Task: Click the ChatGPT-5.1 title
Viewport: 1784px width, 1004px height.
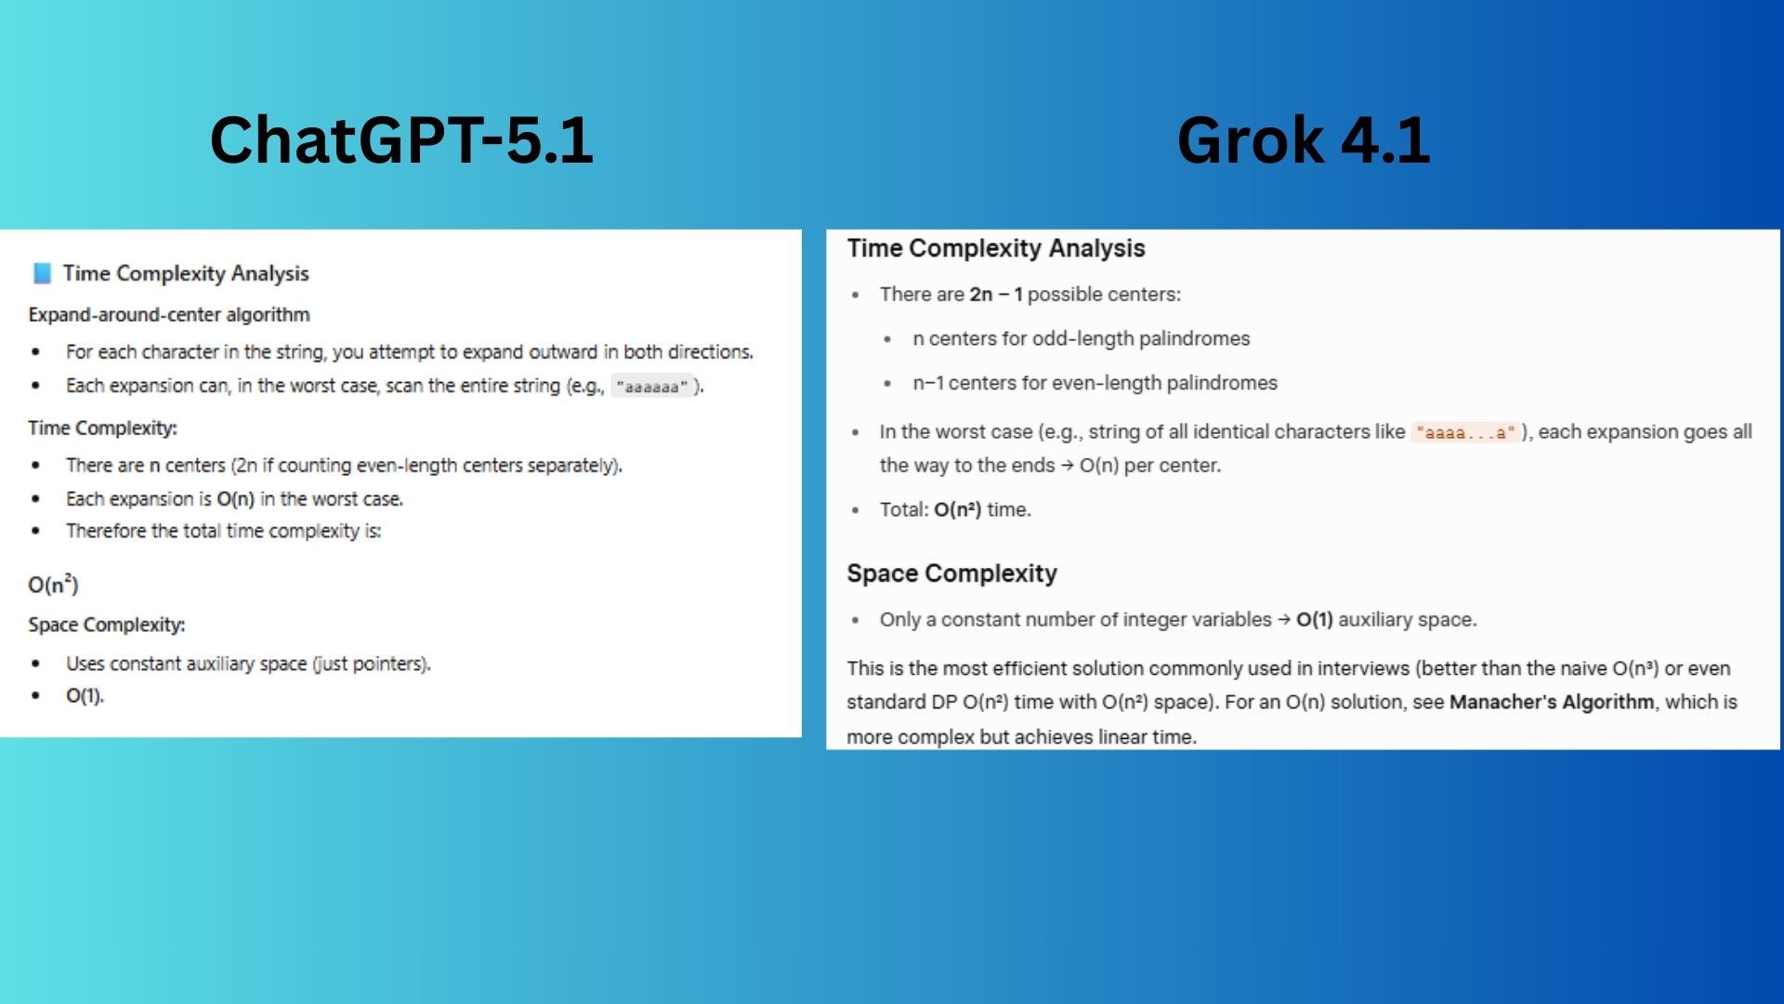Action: [x=401, y=140]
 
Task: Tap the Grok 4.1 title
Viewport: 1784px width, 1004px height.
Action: [x=1303, y=140]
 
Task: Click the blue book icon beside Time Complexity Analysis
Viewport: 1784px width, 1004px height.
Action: [x=42, y=273]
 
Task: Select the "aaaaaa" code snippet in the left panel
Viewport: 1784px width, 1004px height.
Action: [x=651, y=387]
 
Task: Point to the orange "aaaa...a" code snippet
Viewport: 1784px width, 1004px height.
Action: [x=1465, y=432]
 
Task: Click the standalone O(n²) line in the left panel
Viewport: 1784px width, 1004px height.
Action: [x=53, y=585]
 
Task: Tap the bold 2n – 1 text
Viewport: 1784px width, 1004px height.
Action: [x=996, y=295]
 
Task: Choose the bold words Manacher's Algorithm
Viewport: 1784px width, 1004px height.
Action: [x=1551, y=702]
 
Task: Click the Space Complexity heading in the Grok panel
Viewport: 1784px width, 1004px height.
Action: [x=951, y=574]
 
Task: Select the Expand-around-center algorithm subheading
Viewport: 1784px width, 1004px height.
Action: [x=169, y=315]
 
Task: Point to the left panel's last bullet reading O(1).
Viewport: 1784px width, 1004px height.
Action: [x=85, y=695]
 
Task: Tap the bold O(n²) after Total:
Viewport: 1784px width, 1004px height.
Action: [x=957, y=509]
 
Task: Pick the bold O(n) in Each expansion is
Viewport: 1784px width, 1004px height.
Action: [x=235, y=499]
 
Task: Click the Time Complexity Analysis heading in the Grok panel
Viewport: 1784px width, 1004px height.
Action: [x=995, y=248]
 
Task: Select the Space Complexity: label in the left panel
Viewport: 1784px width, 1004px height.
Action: [x=107, y=625]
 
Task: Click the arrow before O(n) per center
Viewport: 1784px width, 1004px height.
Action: [x=1067, y=466]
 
